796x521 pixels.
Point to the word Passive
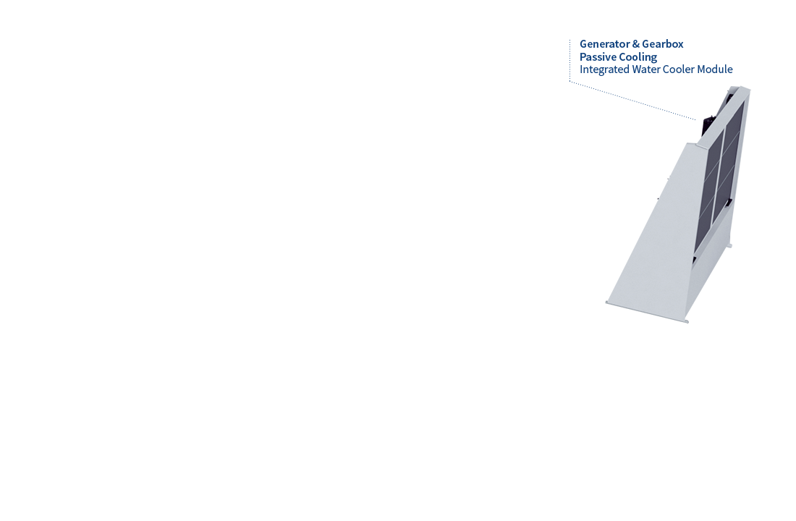point(598,57)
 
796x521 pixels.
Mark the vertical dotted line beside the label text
point(570,60)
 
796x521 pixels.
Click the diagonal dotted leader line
point(632,101)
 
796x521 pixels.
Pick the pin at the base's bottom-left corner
point(607,302)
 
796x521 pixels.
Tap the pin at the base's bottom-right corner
point(686,321)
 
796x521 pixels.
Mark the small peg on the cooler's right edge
point(729,246)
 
